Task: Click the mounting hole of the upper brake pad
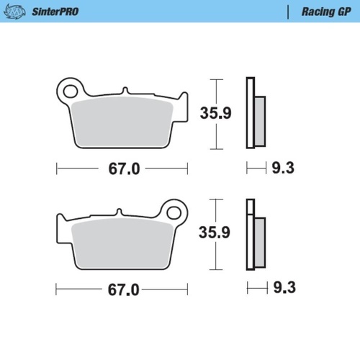tap(70, 91)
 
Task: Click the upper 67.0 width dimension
tap(123, 168)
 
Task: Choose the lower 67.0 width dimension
tap(123, 289)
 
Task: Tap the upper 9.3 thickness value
tap(282, 168)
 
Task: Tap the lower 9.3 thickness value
tap(282, 289)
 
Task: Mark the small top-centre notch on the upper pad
tap(125, 91)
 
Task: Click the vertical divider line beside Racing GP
tap(289, 12)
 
